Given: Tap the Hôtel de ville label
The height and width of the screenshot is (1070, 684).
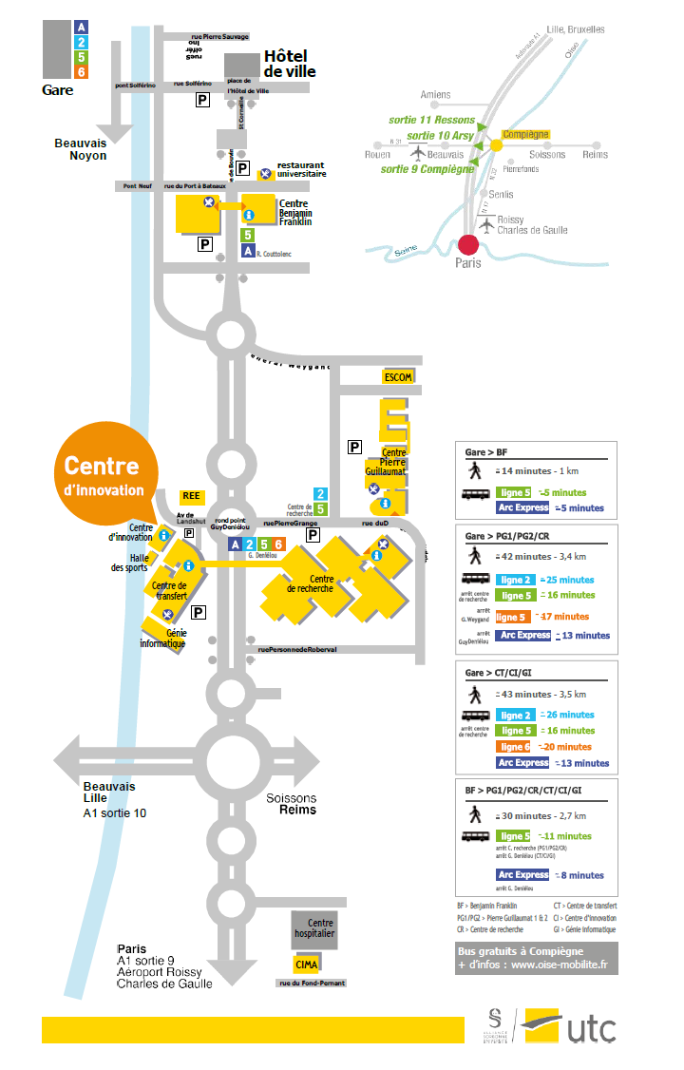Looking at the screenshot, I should coord(290,64).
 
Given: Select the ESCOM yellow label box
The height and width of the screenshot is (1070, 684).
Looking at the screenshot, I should coord(398,377).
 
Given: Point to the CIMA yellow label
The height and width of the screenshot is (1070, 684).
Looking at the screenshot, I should coord(306,965).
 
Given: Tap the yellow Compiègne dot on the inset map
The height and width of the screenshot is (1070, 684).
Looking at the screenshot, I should coord(496,145).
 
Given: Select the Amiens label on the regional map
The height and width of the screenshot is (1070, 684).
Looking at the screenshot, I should coord(436,94).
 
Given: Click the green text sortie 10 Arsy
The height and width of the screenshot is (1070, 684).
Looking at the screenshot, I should coord(440,136).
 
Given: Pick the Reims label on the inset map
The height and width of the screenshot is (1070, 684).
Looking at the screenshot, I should coord(595,154).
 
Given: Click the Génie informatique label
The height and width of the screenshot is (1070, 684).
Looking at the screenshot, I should coord(161,638).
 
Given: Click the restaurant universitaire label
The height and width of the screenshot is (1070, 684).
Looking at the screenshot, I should coord(301,169).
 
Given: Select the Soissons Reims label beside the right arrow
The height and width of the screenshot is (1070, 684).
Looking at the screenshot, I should coord(292,804).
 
